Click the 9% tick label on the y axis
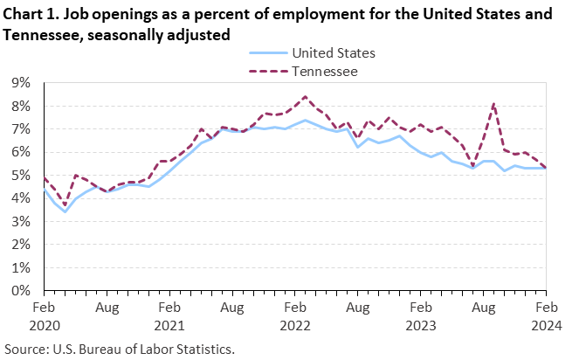click(21, 83)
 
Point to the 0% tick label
click(21, 290)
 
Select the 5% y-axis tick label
click(21, 175)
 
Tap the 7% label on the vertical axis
click(21, 128)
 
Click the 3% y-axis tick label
click(21, 221)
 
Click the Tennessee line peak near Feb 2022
click(305, 96)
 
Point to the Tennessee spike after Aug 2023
click(493, 104)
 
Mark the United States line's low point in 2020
click(65, 211)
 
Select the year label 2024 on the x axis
click(546, 325)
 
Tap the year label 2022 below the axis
click(294, 325)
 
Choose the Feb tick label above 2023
click(420, 308)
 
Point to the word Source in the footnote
click(24, 349)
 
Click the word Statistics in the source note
click(205, 349)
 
